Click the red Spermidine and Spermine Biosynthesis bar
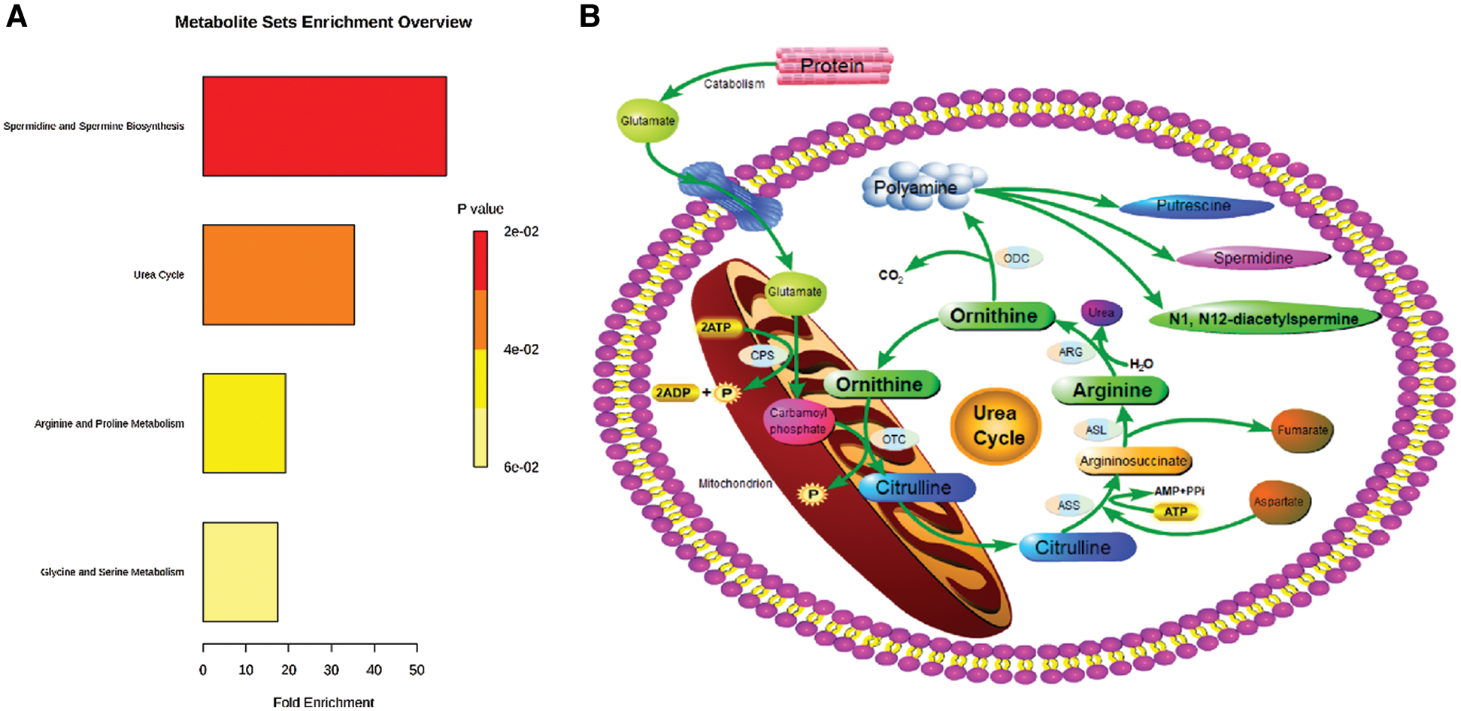(324, 126)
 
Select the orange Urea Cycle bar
(278, 275)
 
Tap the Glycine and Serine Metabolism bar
(240, 572)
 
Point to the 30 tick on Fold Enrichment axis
(332, 670)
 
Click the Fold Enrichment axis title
(323, 702)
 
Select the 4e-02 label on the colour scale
(521, 349)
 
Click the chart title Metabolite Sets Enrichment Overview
(323, 23)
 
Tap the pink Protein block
(833, 66)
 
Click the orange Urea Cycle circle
(996, 426)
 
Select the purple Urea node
(1101, 313)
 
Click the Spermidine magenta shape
(1253, 259)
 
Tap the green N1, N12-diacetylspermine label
(1263, 319)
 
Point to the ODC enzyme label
(1016, 259)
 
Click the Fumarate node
(1302, 431)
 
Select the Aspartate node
(1278, 502)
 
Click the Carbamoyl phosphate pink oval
(798, 422)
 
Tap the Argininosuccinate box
(1133, 461)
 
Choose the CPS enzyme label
(762, 355)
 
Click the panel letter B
(590, 17)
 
